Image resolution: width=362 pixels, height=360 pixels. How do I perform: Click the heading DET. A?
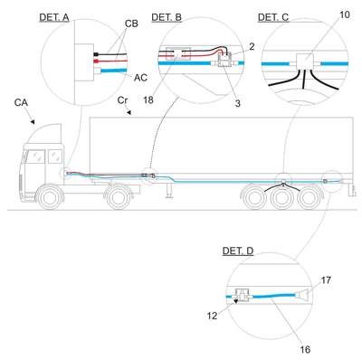point(54,17)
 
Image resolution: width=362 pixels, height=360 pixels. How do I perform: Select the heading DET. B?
point(167,17)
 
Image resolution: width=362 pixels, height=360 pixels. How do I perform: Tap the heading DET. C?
point(273,17)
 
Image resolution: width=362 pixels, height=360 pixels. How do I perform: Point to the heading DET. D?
point(238,251)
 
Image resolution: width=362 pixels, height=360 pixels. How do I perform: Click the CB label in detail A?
point(131,24)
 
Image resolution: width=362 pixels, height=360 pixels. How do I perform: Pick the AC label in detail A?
point(140,78)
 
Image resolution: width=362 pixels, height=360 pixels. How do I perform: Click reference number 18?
point(148,99)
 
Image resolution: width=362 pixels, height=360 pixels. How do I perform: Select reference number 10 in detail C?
point(345,14)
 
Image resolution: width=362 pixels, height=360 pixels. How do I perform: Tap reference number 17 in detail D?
point(326,280)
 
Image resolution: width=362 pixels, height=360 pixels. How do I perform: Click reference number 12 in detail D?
point(212,316)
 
